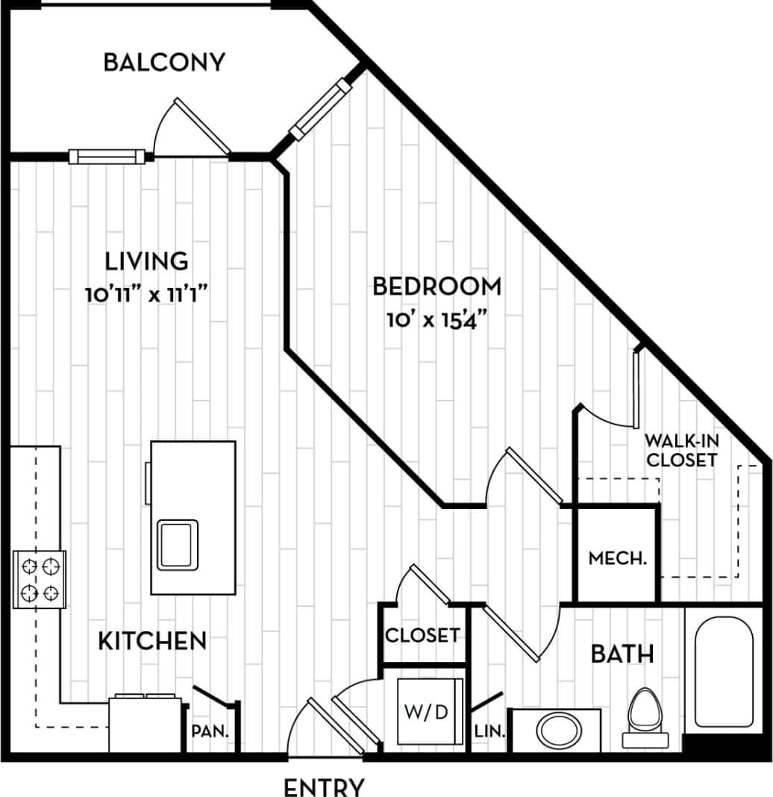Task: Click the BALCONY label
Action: coord(163,62)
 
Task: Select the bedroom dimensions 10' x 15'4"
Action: coord(436,319)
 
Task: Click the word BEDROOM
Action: coord(436,286)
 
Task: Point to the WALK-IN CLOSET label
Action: coord(682,449)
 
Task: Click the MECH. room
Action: coord(617,557)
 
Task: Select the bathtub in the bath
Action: coord(723,672)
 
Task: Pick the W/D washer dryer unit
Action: coord(426,711)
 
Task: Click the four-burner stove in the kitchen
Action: coord(40,579)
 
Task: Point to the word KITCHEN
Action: coord(152,640)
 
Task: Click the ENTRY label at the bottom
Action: coord(324,786)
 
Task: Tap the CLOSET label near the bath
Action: coord(422,636)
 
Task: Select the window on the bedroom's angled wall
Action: coord(320,110)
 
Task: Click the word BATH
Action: coord(622,654)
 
